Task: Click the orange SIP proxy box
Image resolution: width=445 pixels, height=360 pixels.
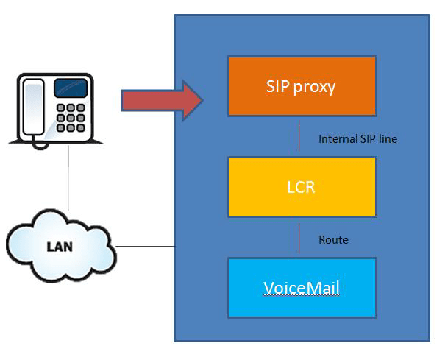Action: pos(302,86)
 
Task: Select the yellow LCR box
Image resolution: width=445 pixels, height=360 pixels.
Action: pos(302,187)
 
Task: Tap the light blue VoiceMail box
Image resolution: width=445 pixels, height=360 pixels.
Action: pos(302,288)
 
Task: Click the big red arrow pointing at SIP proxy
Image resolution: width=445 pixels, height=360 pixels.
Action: pos(162,100)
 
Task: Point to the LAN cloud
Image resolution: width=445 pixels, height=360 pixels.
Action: pos(60,246)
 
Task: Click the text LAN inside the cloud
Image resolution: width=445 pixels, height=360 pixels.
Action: pos(60,247)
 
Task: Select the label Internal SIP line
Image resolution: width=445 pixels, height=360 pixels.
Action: pos(357,139)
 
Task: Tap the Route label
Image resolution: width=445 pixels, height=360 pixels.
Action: pos(333,240)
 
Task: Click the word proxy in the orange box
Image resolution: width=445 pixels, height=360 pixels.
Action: pos(314,88)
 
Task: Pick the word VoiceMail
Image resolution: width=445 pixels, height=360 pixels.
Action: pos(302,288)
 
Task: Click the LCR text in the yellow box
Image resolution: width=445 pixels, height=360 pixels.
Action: pos(301,187)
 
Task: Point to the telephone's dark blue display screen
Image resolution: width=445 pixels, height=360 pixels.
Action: pos(71,88)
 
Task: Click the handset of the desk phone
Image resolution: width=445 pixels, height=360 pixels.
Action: pos(34,107)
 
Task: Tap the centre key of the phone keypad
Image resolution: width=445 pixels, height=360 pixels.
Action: pos(71,118)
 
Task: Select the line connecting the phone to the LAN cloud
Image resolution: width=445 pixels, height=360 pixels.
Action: pos(68,178)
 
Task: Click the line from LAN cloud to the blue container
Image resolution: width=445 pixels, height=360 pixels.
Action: pos(145,247)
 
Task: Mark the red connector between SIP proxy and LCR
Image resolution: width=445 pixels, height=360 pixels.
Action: pos(299,137)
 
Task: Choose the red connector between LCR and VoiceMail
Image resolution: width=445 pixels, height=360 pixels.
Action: pos(299,238)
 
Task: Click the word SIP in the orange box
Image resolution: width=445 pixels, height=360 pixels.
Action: pos(277,86)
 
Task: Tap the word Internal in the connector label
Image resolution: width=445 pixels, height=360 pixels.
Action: pos(338,139)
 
